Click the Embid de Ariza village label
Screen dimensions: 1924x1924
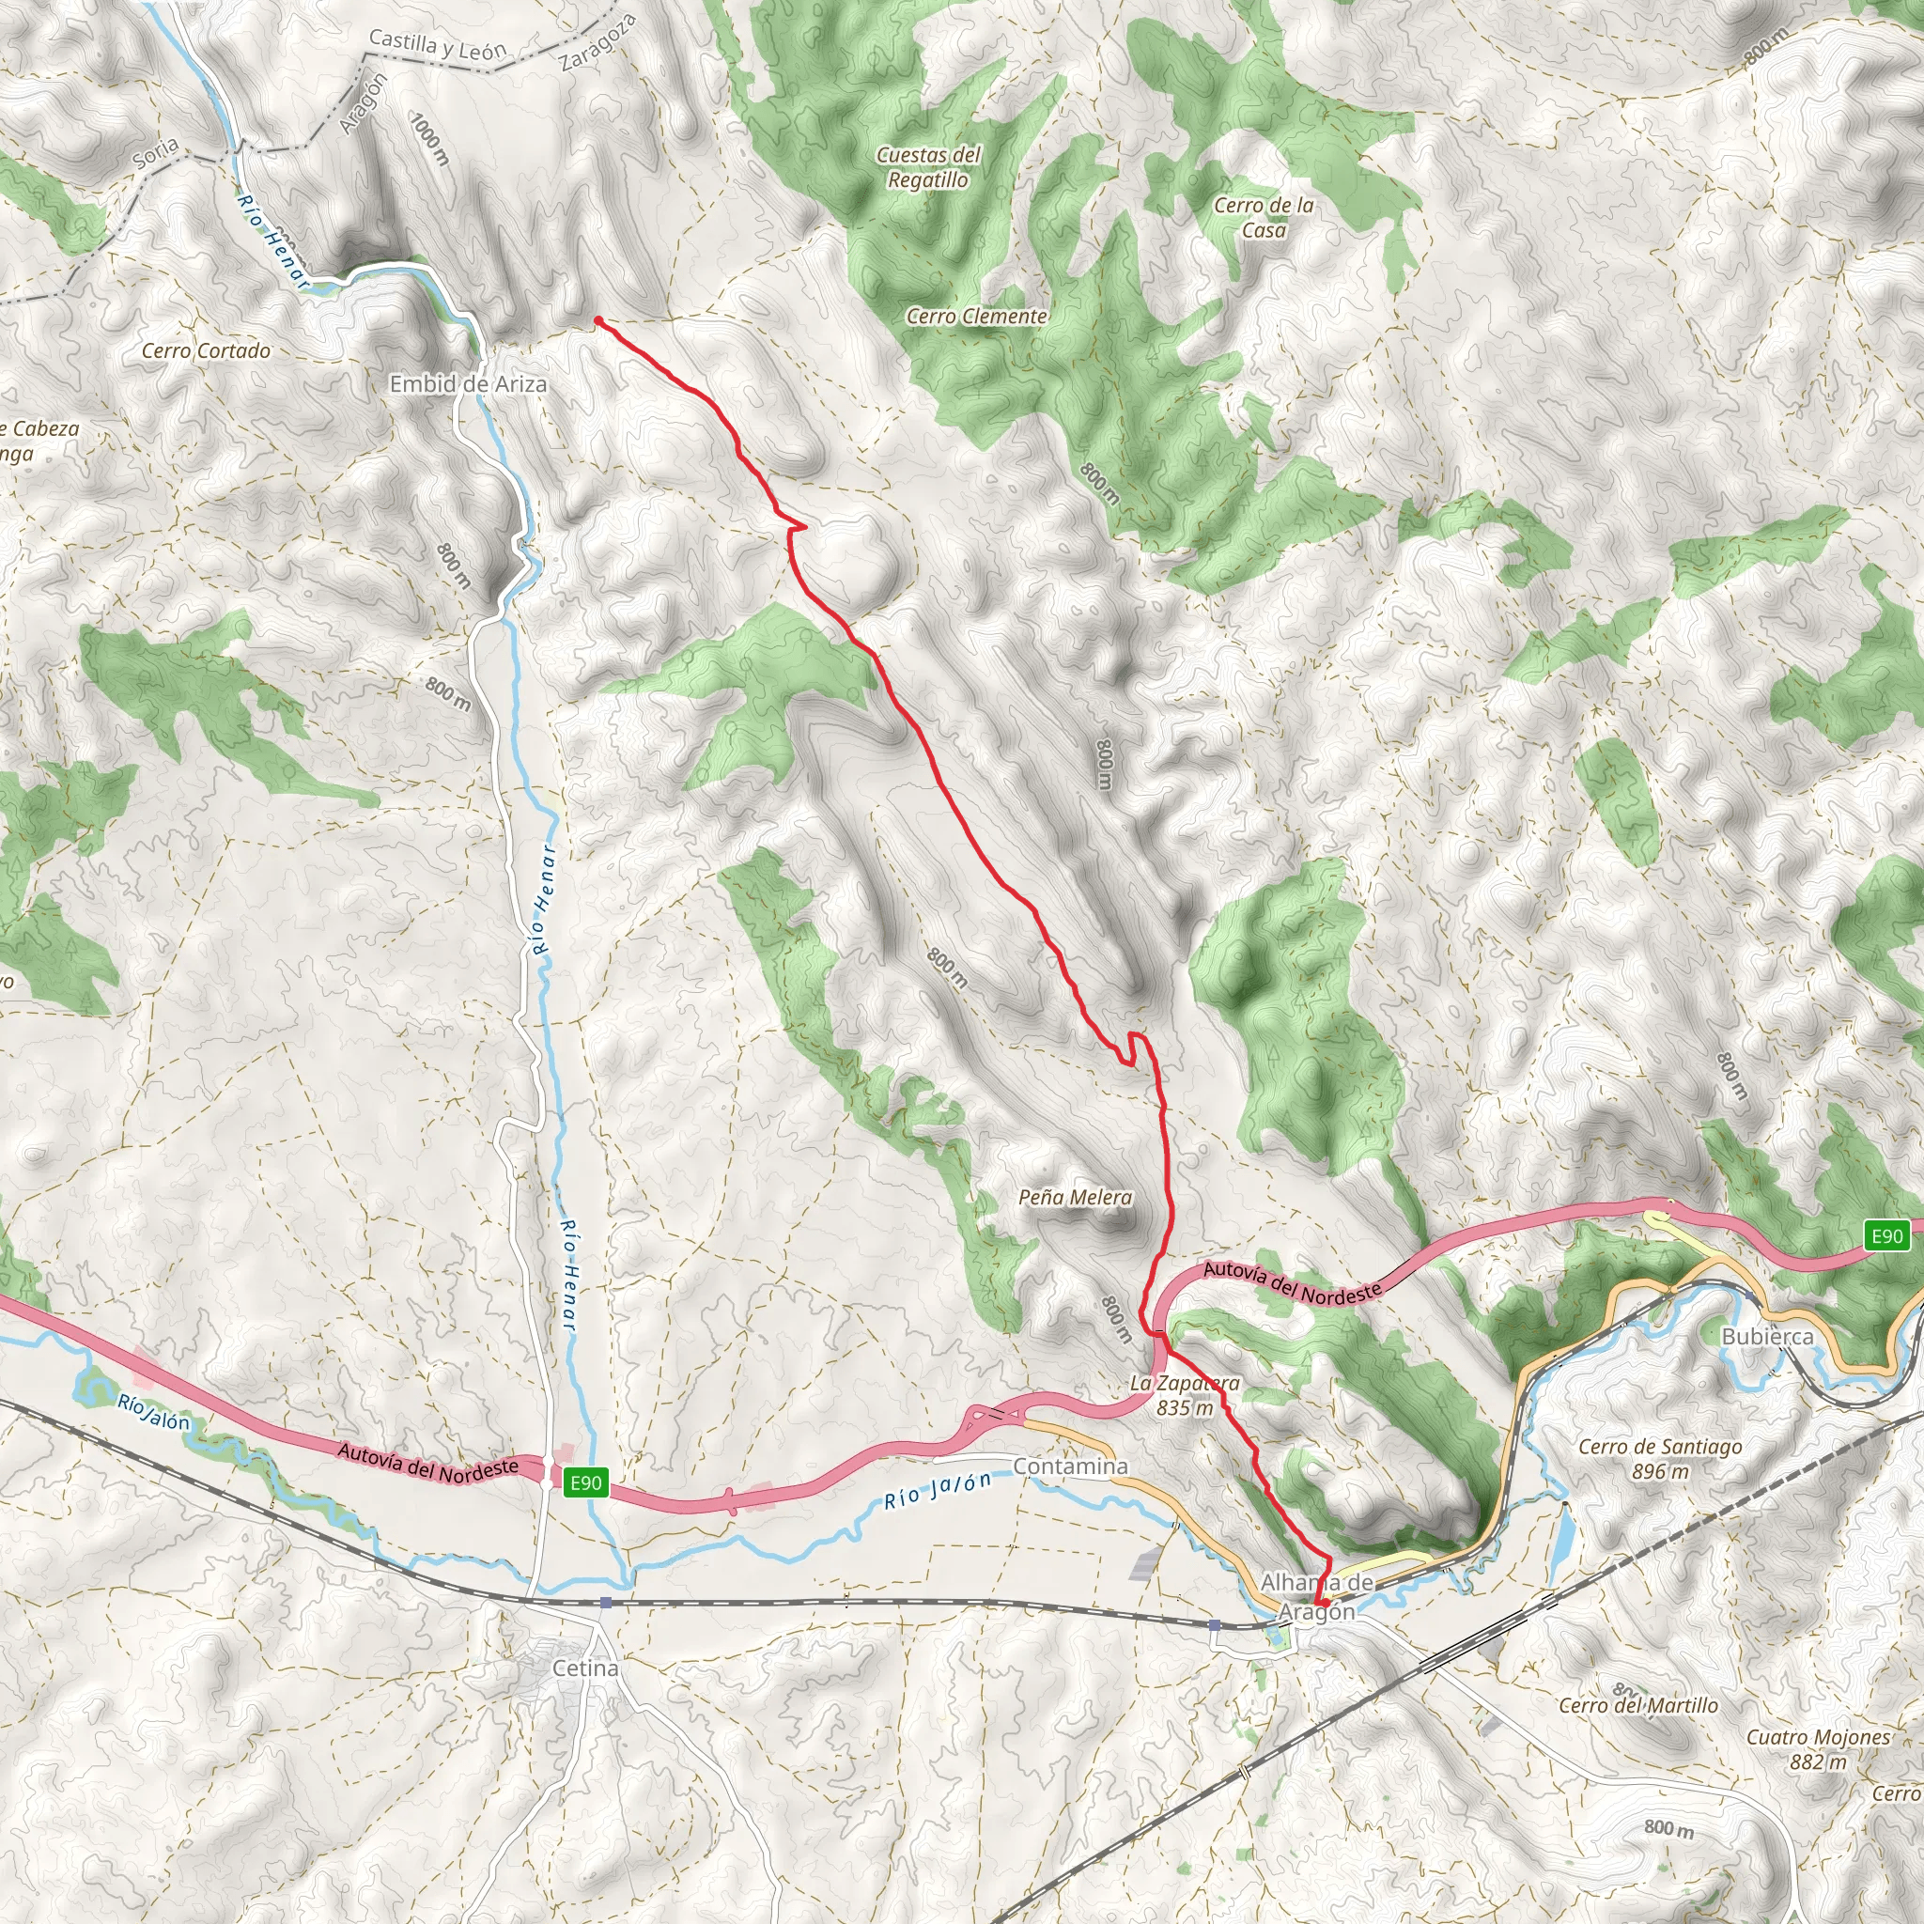pyautogui.click(x=468, y=383)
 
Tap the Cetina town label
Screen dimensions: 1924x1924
pyautogui.click(x=585, y=1668)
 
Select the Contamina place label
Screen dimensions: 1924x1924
pyautogui.click(x=1071, y=1466)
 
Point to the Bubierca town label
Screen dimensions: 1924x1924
pyautogui.click(x=1768, y=1337)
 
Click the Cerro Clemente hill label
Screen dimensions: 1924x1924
pyautogui.click(x=977, y=316)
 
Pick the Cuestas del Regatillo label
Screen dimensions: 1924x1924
pyautogui.click(x=928, y=167)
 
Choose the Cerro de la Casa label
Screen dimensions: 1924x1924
pyautogui.click(x=1264, y=217)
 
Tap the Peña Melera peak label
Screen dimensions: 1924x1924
pyautogui.click(x=1076, y=1197)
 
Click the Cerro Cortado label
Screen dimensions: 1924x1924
pyautogui.click(x=206, y=350)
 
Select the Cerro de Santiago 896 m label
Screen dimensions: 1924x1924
pyautogui.click(x=1660, y=1458)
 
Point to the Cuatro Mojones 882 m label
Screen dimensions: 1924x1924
pyautogui.click(x=1819, y=1748)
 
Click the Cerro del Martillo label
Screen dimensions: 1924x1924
pyautogui.click(x=1638, y=1705)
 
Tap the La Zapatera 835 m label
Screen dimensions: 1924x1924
pyautogui.click(x=1185, y=1394)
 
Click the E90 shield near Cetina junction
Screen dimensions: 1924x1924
pyautogui.click(x=585, y=1482)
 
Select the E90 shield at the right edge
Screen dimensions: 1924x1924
pyautogui.click(x=1887, y=1236)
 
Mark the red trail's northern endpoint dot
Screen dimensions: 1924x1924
pyautogui.click(x=597, y=320)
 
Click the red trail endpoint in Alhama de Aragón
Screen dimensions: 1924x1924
pyautogui.click(x=1324, y=1604)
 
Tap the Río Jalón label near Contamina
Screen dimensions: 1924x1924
pyautogui.click(x=939, y=1490)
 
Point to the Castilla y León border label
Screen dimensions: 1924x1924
pyautogui.click(x=438, y=46)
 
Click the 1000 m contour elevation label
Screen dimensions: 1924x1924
pyautogui.click(x=431, y=139)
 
